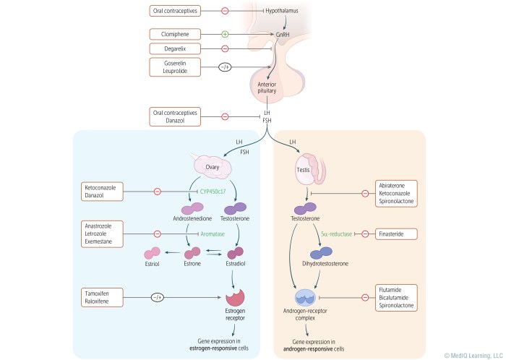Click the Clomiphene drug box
coord(174,34)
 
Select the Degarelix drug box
coord(174,48)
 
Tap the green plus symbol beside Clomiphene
coord(224,34)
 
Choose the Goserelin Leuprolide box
coord(174,67)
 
